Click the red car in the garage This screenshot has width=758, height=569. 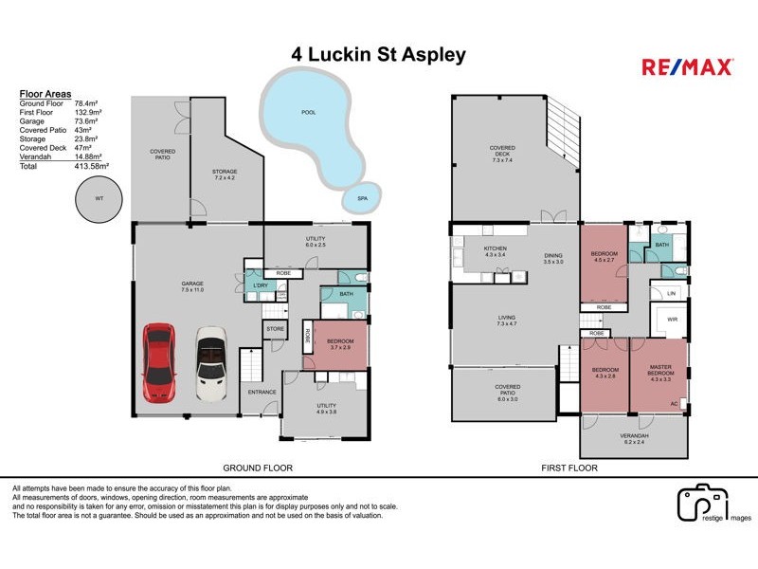tap(158, 362)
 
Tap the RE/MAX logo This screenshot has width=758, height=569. tap(687, 66)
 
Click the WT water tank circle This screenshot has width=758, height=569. tap(99, 199)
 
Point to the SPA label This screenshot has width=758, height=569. tap(362, 199)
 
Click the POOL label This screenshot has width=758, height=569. tap(307, 112)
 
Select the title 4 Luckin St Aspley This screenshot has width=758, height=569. tap(378, 54)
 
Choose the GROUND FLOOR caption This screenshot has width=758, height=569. tap(257, 468)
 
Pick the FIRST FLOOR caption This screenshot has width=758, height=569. tap(570, 468)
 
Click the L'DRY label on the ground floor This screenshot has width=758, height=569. tap(257, 284)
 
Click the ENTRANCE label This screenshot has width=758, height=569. tap(261, 392)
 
